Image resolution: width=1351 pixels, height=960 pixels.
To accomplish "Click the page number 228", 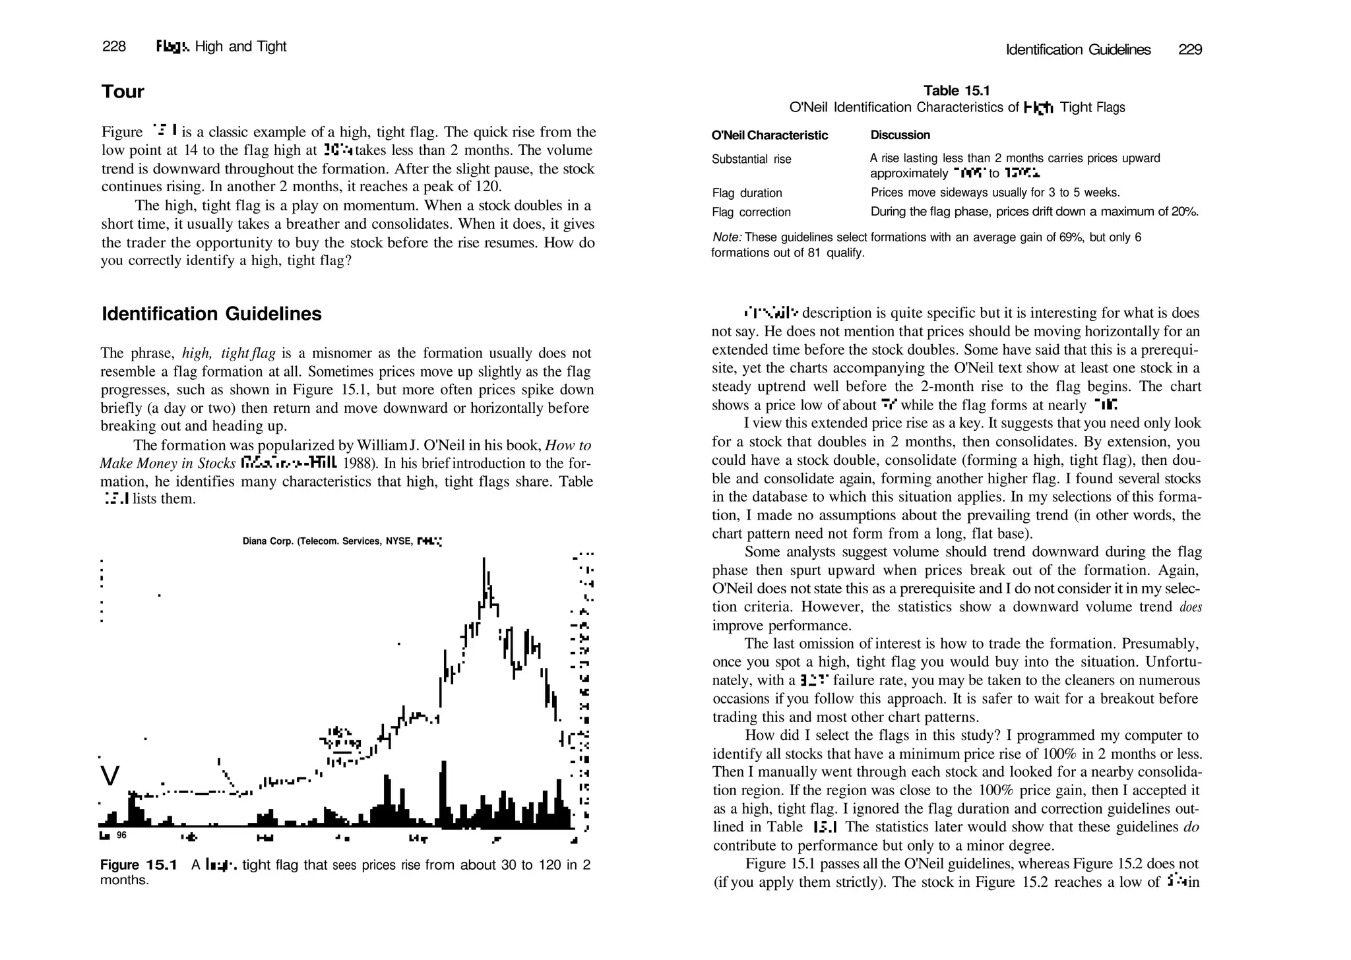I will pyautogui.click(x=113, y=46).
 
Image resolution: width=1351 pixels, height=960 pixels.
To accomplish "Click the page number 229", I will pyautogui.click(x=1190, y=49).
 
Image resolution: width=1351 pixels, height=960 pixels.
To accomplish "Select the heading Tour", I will pyautogui.click(x=123, y=91).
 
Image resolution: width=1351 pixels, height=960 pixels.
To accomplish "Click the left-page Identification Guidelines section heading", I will pyautogui.click(x=211, y=314).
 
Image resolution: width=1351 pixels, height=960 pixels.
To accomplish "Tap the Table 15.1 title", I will pyautogui.click(x=957, y=90).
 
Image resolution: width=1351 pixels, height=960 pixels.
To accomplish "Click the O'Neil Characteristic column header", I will pyautogui.click(x=769, y=135).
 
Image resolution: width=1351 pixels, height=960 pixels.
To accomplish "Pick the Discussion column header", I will pyautogui.click(x=900, y=135).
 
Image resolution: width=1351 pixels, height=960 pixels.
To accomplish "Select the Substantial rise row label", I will pyautogui.click(x=751, y=159).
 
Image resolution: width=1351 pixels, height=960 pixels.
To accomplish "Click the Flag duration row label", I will pyautogui.click(x=747, y=193).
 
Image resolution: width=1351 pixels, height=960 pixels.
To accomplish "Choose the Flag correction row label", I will pyautogui.click(x=751, y=212).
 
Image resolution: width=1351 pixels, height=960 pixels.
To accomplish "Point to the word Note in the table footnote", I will pyautogui.click(x=726, y=237).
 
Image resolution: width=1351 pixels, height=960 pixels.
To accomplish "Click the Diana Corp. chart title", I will pyautogui.click(x=342, y=541).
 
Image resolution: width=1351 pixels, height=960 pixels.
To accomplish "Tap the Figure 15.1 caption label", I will pyautogui.click(x=139, y=865).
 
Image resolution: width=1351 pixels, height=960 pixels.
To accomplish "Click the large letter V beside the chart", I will pyautogui.click(x=110, y=776).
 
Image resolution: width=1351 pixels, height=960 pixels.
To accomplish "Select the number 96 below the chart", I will pyautogui.click(x=121, y=835).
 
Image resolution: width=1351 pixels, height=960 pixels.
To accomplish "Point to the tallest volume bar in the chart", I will pyautogui.click(x=443, y=791).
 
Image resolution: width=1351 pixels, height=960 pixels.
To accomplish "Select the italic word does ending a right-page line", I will pyautogui.click(x=1190, y=607).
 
